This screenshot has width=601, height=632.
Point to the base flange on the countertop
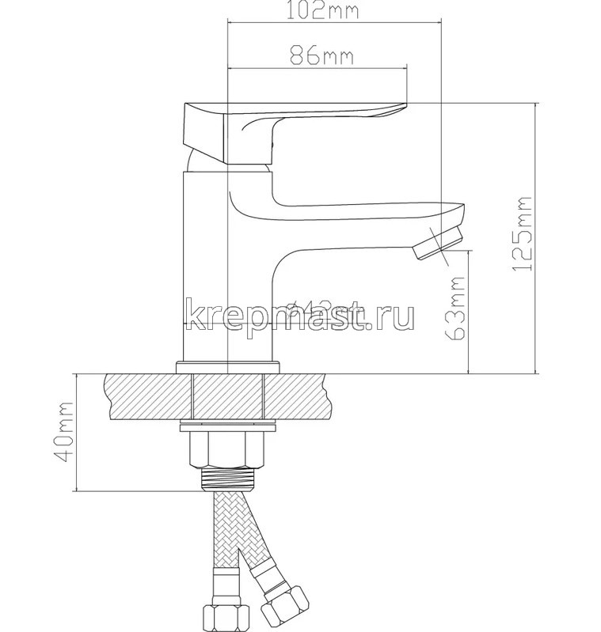[x=228, y=366]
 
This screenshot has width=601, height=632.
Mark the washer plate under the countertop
[x=228, y=428]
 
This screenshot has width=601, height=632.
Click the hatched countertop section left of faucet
[x=146, y=395]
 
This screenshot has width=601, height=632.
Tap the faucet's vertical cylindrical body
[x=207, y=269]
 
